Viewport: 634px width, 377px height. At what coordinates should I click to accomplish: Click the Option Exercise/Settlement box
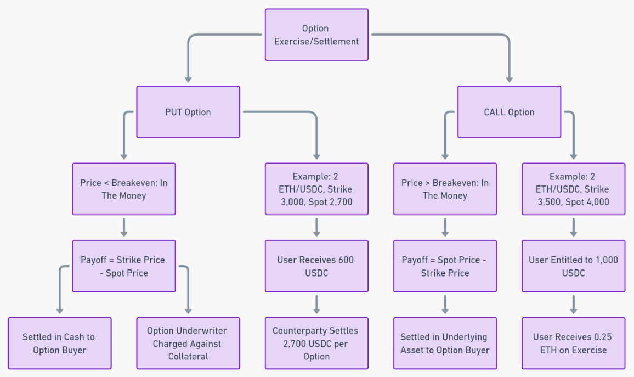(316, 35)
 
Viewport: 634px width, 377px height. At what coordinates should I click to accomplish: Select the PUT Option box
(188, 112)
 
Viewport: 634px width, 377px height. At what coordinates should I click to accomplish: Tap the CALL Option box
(509, 112)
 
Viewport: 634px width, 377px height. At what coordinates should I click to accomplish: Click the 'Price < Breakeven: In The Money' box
(124, 189)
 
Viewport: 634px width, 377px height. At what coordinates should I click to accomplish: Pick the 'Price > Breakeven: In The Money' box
(445, 189)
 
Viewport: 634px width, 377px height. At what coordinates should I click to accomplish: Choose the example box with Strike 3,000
(316, 189)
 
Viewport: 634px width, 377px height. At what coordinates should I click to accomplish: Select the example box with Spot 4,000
(573, 189)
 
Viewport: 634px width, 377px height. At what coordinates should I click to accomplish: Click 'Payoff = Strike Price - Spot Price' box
(124, 266)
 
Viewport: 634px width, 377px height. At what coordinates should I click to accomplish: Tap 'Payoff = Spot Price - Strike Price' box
(445, 266)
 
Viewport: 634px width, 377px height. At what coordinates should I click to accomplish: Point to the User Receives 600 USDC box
(316, 266)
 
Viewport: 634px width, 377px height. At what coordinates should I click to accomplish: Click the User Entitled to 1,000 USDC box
(573, 266)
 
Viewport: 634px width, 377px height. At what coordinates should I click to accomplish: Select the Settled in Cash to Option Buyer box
(60, 343)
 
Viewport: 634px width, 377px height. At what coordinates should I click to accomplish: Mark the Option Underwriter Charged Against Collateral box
(188, 343)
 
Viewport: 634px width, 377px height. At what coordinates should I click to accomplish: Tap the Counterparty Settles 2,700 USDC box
(316, 343)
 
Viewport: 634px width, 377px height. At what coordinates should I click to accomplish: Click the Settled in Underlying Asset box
(445, 343)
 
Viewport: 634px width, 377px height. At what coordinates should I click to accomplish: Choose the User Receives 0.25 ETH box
(573, 343)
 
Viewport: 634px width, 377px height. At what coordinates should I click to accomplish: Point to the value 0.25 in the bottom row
(602, 336)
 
